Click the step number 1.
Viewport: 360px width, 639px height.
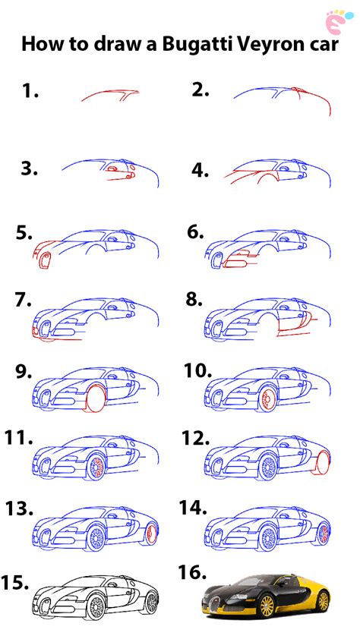30,91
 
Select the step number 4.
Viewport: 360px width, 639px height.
201,170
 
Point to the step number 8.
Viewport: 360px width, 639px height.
194,301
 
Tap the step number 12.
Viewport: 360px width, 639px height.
195,438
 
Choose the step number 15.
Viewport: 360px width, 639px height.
14,583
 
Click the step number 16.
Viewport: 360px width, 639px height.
192,572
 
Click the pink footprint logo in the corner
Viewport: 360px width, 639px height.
336,20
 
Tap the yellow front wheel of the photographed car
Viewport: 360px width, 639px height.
267,606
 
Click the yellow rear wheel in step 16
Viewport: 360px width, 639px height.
323,601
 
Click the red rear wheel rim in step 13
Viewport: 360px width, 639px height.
151,534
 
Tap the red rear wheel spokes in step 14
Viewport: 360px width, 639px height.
325,534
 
